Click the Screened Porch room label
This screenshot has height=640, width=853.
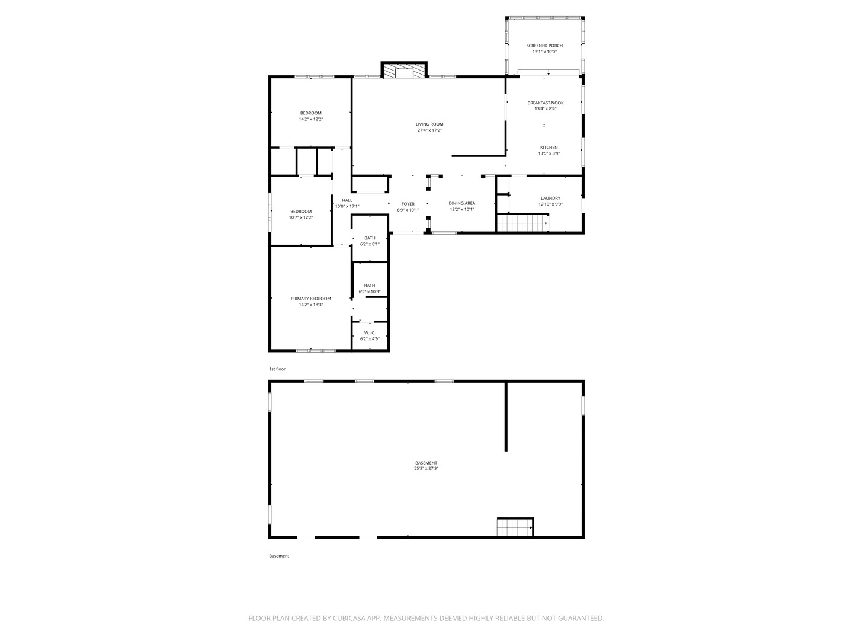click(x=544, y=46)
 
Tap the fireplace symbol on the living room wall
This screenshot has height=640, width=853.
click(x=404, y=71)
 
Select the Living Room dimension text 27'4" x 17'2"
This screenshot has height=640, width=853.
click(x=429, y=130)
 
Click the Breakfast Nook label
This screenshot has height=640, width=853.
click(x=546, y=103)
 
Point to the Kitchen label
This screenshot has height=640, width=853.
click(x=549, y=148)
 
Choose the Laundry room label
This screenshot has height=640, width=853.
click(x=550, y=199)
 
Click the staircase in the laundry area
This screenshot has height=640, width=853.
click(x=522, y=223)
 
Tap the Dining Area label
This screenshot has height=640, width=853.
click(x=462, y=203)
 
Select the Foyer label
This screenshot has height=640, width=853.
click(x=408, y=204)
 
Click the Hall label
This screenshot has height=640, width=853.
click(x=347, y=200)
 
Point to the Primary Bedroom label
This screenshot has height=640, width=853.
click(x=310, y=299)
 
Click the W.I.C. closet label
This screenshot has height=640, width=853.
click(x=370, y=333)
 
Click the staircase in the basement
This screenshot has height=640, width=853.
click(x=515, y=526)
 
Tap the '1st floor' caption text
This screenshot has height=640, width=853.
click(x=277, y=369)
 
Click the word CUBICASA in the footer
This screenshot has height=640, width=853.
click(x=345, y=618)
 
